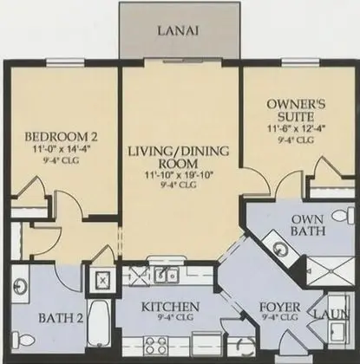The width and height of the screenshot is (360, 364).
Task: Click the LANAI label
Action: (178, 30)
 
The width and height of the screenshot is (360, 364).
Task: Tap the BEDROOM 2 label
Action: (62, 137)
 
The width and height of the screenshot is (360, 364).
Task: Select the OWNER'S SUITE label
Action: (296, 110)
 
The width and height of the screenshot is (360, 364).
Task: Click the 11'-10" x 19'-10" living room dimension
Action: (179, 175)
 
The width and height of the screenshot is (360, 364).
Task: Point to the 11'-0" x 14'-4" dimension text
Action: (62, 150)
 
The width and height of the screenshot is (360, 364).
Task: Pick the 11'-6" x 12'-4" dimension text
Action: (297, 128)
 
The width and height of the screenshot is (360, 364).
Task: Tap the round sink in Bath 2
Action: (21, 287)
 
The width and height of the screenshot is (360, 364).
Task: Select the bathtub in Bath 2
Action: (99, 323)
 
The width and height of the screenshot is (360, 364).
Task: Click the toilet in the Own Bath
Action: (344, 216)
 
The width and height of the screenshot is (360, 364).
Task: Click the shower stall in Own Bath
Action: (330, 271)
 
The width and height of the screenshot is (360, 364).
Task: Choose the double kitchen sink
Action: (167, 275)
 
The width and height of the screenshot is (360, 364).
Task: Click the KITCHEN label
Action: (170, 307)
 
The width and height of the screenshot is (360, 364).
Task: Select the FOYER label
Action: (279, 307)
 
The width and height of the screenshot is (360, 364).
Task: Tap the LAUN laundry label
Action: (331, 314)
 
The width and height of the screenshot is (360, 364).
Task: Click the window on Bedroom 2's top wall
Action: (66, 62)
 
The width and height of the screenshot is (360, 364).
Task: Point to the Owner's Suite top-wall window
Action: (301, 62)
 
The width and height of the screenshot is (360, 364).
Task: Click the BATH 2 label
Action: (61, 318)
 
